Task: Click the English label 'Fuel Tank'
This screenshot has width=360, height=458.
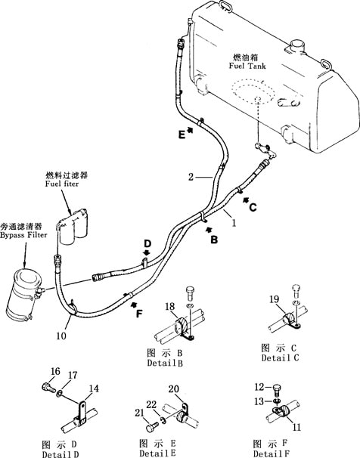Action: pyautogui.click(x=247, y=66)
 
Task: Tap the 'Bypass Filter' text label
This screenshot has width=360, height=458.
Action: pyautogui.click(x=23, y=235)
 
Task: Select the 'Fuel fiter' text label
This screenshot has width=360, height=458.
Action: pyautogui.click(x=62, y=184)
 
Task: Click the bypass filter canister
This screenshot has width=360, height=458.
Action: pyautogui.click(x=24, y=295)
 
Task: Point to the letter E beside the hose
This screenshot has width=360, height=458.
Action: pyautogui.click(x=182, y=135)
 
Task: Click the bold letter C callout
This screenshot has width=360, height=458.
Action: pyautogui.click(x=253, y=207)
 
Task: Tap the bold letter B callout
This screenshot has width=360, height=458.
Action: pyautogui.click(x=214, y=240)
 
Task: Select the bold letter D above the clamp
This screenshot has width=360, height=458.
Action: pyautogui.click(x=147, y=243)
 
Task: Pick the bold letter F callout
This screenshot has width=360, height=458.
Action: pyautogui.click(x=139, y=314)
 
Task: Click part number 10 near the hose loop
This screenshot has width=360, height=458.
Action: pyautogui.click(x=61, y=336)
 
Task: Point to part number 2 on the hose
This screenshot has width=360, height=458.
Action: pyautogui.click(x=191, y=177)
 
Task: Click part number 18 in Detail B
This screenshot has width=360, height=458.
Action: pyautogui.click(x=170, y=306)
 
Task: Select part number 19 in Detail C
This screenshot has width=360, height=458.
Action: pyautogui.click(x=275, y=299)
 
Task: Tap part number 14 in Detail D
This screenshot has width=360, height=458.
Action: pyautogui.click(x=94, y=388)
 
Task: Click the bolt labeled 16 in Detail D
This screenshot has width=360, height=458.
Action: pyautogui.click(x=48, y=388)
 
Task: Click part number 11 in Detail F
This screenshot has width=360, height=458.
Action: pyautogui.click(x=296, y=427)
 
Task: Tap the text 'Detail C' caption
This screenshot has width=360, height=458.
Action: pyautogui.click(x=281, y=357)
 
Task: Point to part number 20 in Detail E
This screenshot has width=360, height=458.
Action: pyautogui.click(x=174, y=388)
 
